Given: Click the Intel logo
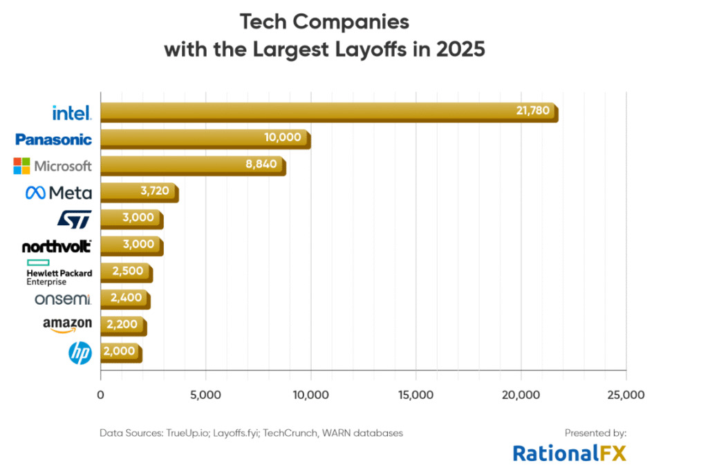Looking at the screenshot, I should pyautogui.click(x=71, y=112).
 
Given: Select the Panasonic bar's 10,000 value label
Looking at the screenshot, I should pyautogui.click(x=283, y=138).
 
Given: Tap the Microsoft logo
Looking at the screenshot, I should pyautogui.click(x=53, y=166).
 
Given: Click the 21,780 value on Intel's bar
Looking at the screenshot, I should pyautogui.click(x=534, y=111).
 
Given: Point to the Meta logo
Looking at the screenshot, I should pyautogui.click(x=58, y=193).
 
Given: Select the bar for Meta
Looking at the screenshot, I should pyautogui.click(x=139, y=193).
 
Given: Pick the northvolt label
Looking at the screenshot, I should pyautogui.click(x=57, y=247).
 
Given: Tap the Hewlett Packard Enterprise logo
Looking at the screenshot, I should pyautogui.click(x=58, y=273).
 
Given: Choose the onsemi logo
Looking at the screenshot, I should pyautogui.click(x=63, y=299).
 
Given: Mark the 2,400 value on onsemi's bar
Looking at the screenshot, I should pyautogui.click(x=124, y=298).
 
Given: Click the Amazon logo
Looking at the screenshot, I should pyautogui.click(x=67, y=325).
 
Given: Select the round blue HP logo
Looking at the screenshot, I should pyautogui.click(x=80, y=353).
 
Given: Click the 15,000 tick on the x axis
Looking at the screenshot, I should pyautogui.click(x=416, y=395).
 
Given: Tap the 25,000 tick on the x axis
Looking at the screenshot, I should pyautogui.click(x=626, y=395).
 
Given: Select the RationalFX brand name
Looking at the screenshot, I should pyautogui.click(x=568, y=453).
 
